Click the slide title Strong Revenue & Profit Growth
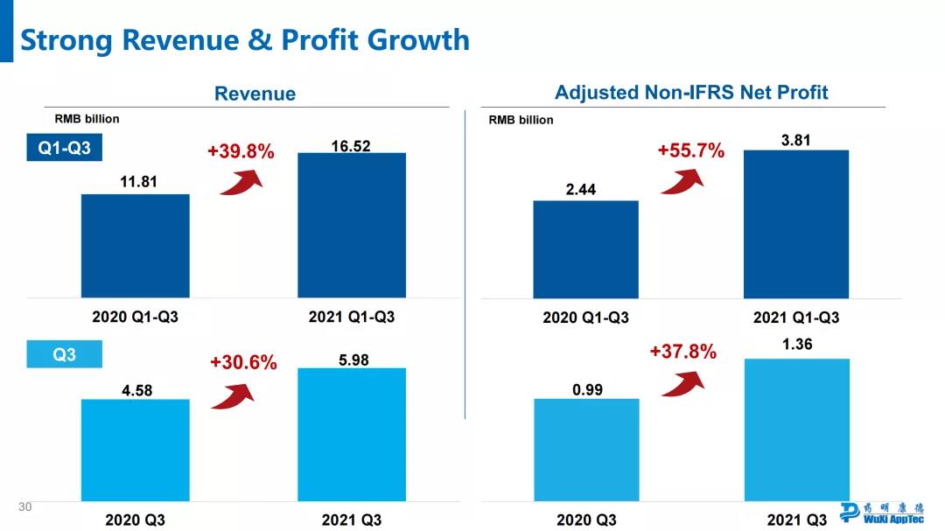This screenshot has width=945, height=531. pyautogui.click(x=244, y=40)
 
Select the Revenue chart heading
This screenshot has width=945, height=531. pyautogui.click(x=255, y=94)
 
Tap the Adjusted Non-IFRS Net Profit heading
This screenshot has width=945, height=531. pyautogui.click(x=691, y=92)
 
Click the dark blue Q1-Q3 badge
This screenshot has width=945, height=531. pyautogui.click(x=64, y=149)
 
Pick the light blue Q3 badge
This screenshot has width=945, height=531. pyautogui.click(x=64, y=355)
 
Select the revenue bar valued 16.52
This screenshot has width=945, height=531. pyautogui.click(x=352, y=225)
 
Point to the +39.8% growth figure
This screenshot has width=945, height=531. pyautogui.click(x=241, y=151)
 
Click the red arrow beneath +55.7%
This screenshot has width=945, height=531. pyautogui.click(x=682, y=180)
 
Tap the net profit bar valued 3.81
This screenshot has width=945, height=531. pyautogui.click(x=796, y=224)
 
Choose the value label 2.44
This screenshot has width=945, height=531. pyautogui.click(x=581, y=189)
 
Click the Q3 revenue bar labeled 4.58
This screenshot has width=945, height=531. pyautogui.click(x=136, y=450)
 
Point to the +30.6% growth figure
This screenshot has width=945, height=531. pyautogui.click(x=243, y=362)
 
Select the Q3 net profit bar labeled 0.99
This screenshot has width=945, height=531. pyautogui.click(x=586, y=450)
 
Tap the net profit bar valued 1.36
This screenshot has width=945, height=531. pyautogui.click(x=796, y=429)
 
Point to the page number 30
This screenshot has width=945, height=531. pyautogui.click(x=24, y=507)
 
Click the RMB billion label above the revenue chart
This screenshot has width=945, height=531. pyautogui.click(x=87, y=119)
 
